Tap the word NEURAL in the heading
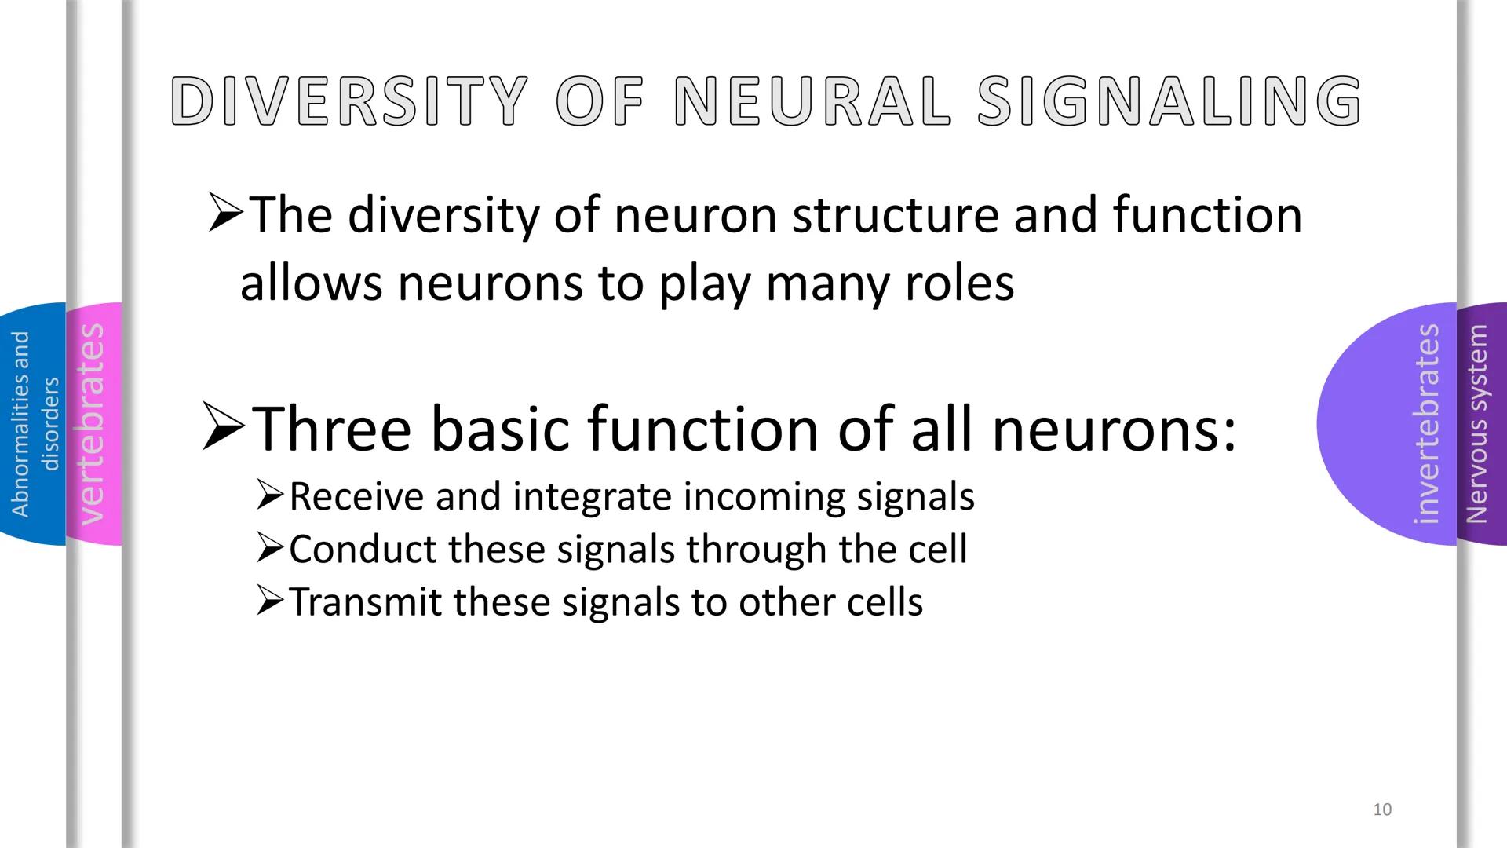(x=811, y=101)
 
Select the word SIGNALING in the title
(x=1169, y=101)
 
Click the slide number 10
(x=1382, y=810)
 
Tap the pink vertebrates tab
(x=93, y=424)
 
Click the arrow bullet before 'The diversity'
(x=226, y=217)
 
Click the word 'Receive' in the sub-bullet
(x=356, y=497)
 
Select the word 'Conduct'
(x=362, y=550)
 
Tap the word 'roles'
(x=959, y=284)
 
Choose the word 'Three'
(x=332, y=430)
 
